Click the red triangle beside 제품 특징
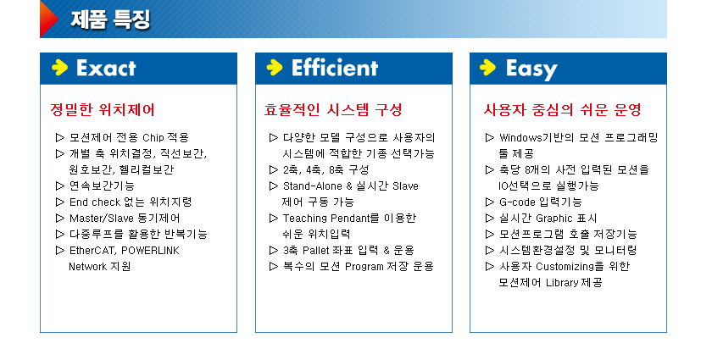[x=47, y=19]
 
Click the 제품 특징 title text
[x=110, y=19]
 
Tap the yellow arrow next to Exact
[x=59, y=68]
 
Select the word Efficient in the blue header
[x=335, y=68]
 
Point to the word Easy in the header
[x=531, y=69]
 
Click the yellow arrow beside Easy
[x=487, y=68]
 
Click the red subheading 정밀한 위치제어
[x=103, y=109]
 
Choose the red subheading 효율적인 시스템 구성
[x=333, y=109]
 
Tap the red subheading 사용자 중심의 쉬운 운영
[x=562, y=109]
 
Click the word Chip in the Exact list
[x=153, y=137]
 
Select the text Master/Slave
[x=102, y=219]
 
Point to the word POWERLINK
[x=150, y=251]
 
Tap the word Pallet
[x=317, y=251]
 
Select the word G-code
[x=518, y=202]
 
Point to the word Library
[x=562, y=283]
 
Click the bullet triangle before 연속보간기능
[x=60, y=186]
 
